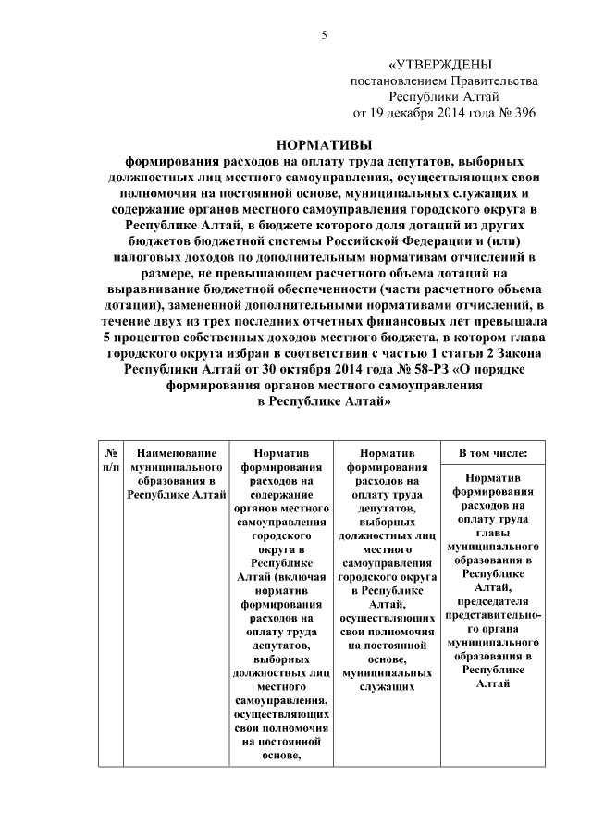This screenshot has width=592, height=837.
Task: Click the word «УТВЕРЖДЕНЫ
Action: click(440, 64)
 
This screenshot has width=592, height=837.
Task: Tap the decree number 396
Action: click(523, 113)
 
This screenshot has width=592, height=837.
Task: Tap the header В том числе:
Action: click(493, 454)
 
